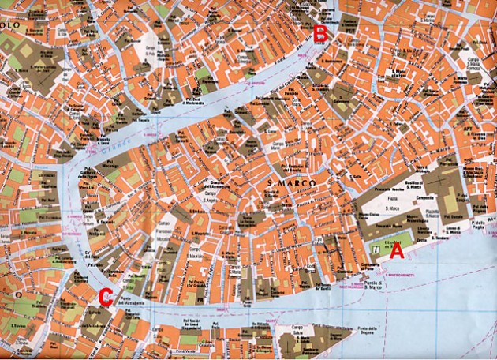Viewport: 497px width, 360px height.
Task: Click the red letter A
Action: (397, 252)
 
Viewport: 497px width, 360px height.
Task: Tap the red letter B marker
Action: (321, 34)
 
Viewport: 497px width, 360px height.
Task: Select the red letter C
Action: (106, 297)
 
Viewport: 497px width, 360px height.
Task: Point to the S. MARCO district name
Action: (293, 183)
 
